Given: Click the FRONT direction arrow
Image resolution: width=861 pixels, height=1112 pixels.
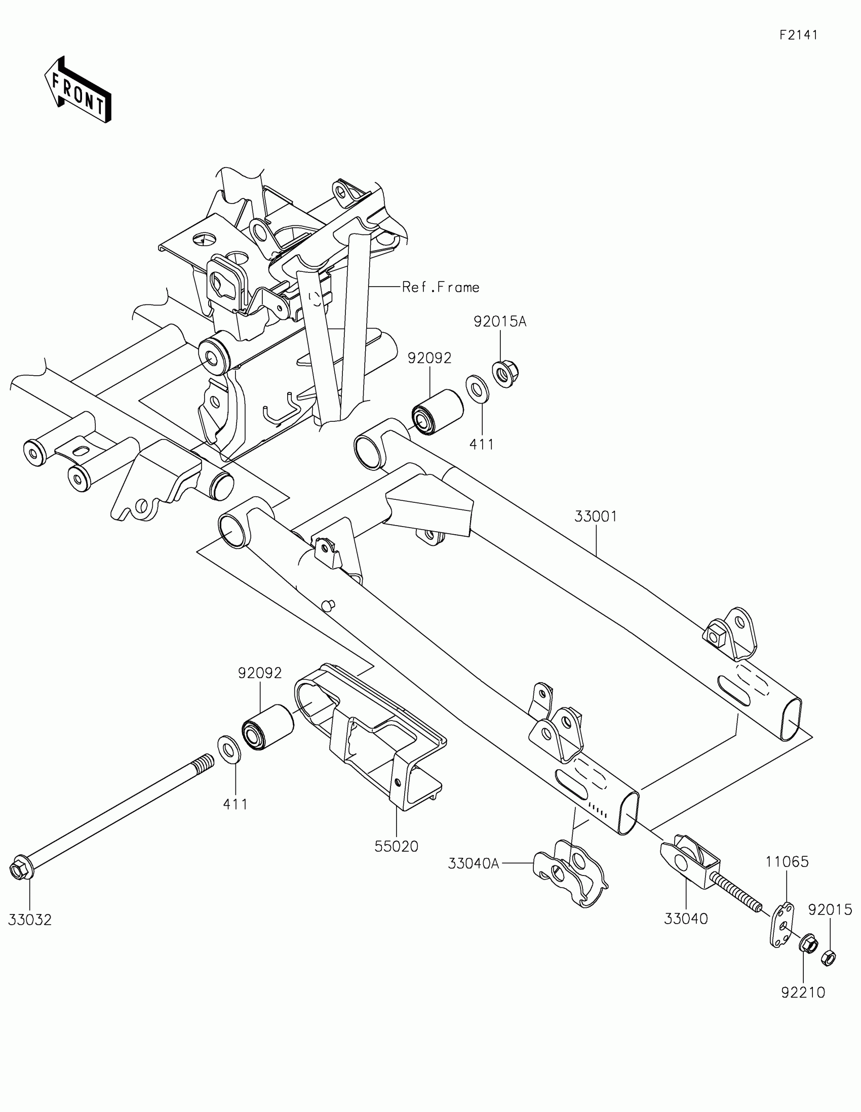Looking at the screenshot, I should coord(77,90).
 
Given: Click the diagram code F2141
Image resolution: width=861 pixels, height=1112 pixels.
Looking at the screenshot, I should coord(798,35).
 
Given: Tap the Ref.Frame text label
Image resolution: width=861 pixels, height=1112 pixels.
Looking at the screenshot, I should coord(441,288).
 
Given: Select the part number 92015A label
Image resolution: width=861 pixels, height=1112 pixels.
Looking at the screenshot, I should coord(499,322).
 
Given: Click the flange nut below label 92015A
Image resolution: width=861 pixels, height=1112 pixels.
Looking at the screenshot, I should coord(504,374).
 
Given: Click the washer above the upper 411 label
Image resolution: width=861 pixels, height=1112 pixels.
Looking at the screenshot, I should coord(478,389).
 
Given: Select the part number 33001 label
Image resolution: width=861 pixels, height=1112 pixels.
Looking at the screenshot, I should coord(596,517).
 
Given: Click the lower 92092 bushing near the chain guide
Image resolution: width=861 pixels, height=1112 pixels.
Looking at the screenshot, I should coord(267,727).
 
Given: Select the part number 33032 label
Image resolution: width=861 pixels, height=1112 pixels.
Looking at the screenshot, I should coord(30,920).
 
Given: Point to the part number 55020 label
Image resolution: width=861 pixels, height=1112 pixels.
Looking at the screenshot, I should coord(396,847).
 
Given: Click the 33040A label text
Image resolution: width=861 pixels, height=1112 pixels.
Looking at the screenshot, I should coord(474,863).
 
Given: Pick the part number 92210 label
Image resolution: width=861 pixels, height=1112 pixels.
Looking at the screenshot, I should coord(803,992).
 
